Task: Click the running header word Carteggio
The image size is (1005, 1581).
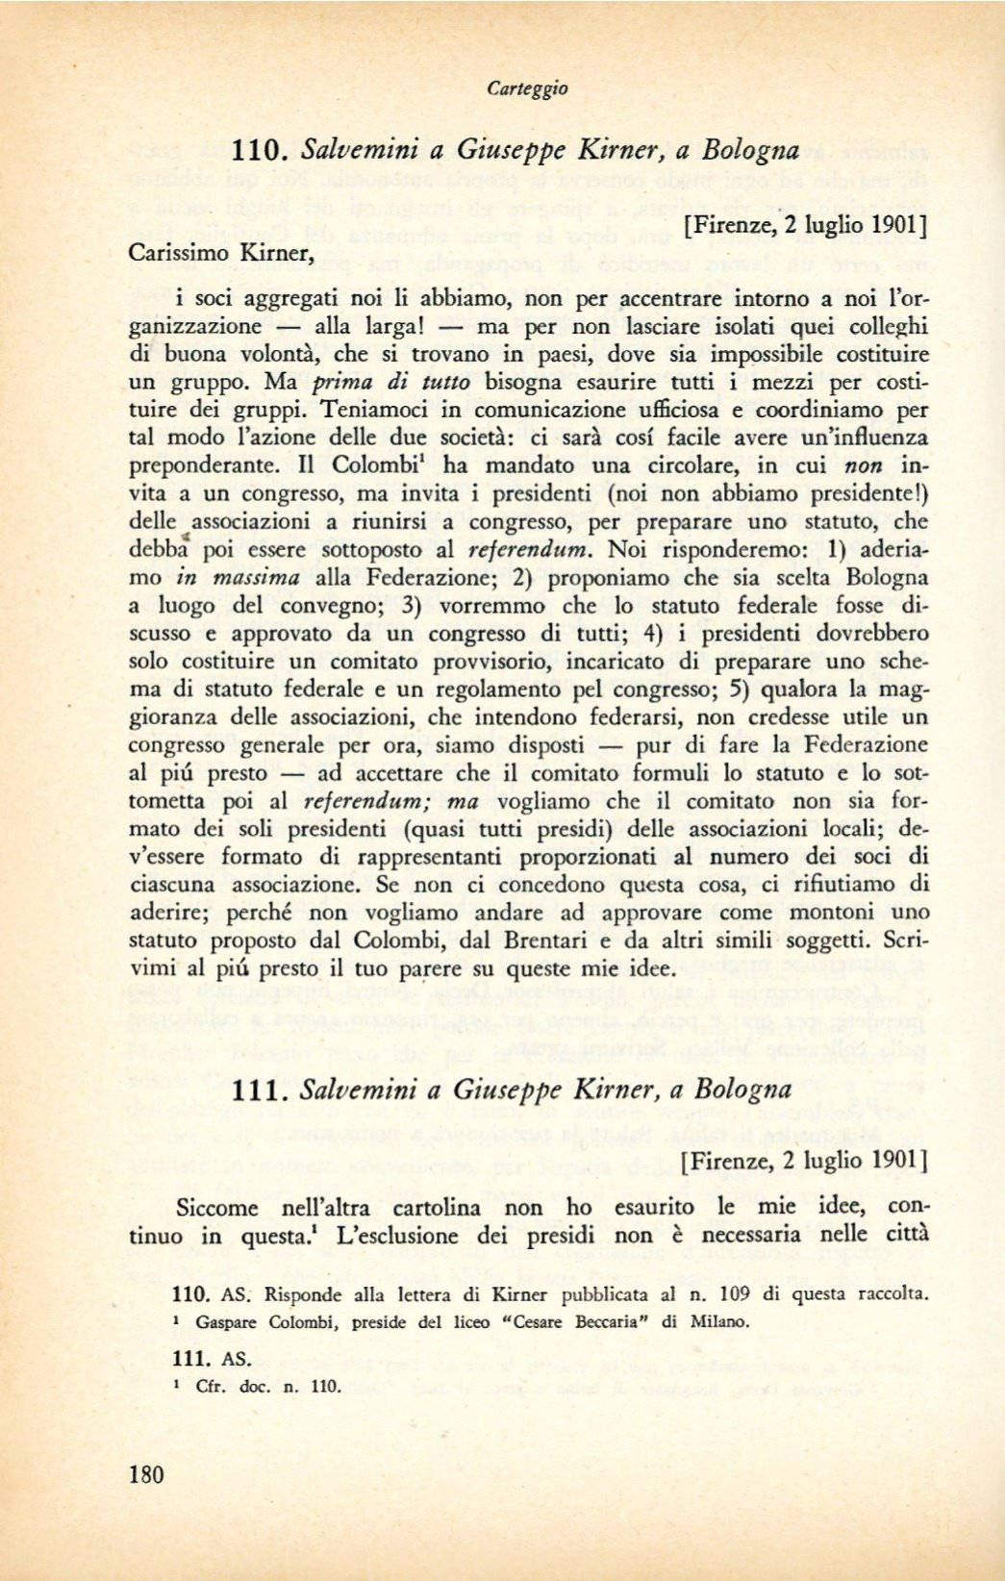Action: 527,88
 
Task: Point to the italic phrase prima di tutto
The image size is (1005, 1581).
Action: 385,382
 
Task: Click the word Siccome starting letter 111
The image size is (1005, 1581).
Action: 217,1207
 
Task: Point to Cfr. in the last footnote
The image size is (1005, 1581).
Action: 209,1387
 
